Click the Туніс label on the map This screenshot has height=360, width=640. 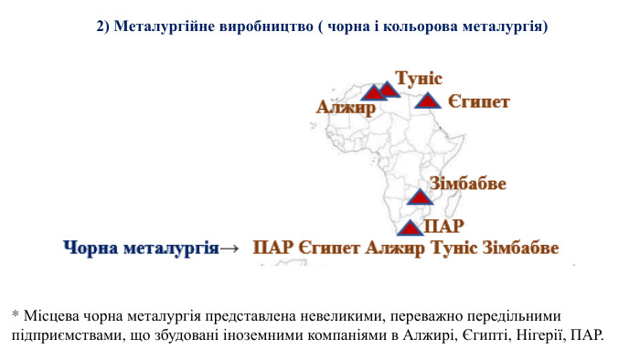click(x=419, y=79)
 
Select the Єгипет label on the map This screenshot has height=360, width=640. click(x=478, y=101)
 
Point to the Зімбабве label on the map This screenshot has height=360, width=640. click(x=467, y=184)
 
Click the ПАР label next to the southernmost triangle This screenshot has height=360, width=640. click(x=445, y=224)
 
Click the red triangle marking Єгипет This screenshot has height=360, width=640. click(x=427, y=101)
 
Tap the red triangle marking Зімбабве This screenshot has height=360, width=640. click(x=419, y=197)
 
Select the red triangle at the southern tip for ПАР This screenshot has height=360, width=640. click(x=411, y=228)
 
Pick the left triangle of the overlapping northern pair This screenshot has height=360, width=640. click(x=373, y=93)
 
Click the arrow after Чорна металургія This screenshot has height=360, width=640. click(x=230, y=248)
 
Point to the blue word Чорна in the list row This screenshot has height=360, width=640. click(x=91, y=248)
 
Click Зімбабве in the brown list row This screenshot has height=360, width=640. click(x=520, y=248)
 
